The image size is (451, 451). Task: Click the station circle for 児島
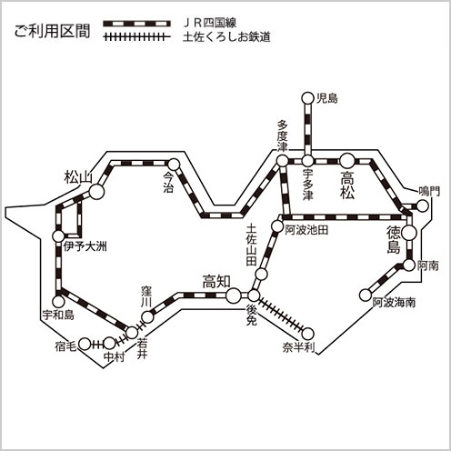pyautogui.click(x=307, y=98)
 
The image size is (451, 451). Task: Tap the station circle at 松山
pyautogui.click(x=96, y=192)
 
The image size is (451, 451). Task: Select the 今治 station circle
pyautogui.click(x=174, y=165)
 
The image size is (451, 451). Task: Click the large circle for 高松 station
pyautogui.click(x=347, y=161)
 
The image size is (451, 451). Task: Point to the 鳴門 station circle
pyautogui.click(x=422, y=206)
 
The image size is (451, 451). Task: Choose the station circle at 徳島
pyautogui.click(x=409, y=233)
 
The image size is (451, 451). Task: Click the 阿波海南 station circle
pyautogui.click(x=366, y=295)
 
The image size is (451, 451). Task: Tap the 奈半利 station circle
pyautogui.click(x=308, y=334)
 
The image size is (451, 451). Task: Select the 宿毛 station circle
pyautogui.click(x=85, y=344)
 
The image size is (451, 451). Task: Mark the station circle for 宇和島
pyautogui.click(x=58, y=301)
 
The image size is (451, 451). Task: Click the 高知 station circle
pyautogui.click(x=234, y=296)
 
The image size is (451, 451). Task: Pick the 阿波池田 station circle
pyautogui.click(x=277, y=225)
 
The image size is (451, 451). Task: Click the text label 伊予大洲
pyautogui.click(x=85, y=246)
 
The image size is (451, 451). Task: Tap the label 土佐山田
pyautogui.click(x=251, y=245)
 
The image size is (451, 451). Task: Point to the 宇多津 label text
pyautogui.click(x=307, y=185)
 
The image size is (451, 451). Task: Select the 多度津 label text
pyautogui.click(x=282, y=135)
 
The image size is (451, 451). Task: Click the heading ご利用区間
pyautogui.click(x=52, y=31)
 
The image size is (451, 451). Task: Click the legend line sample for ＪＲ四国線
pyautogui.click(x=136, y=24)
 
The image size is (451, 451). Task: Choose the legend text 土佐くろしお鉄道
pyautogui.click(x=226, y=37)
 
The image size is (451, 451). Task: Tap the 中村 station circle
pyautogui.click(x=109, y=344)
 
